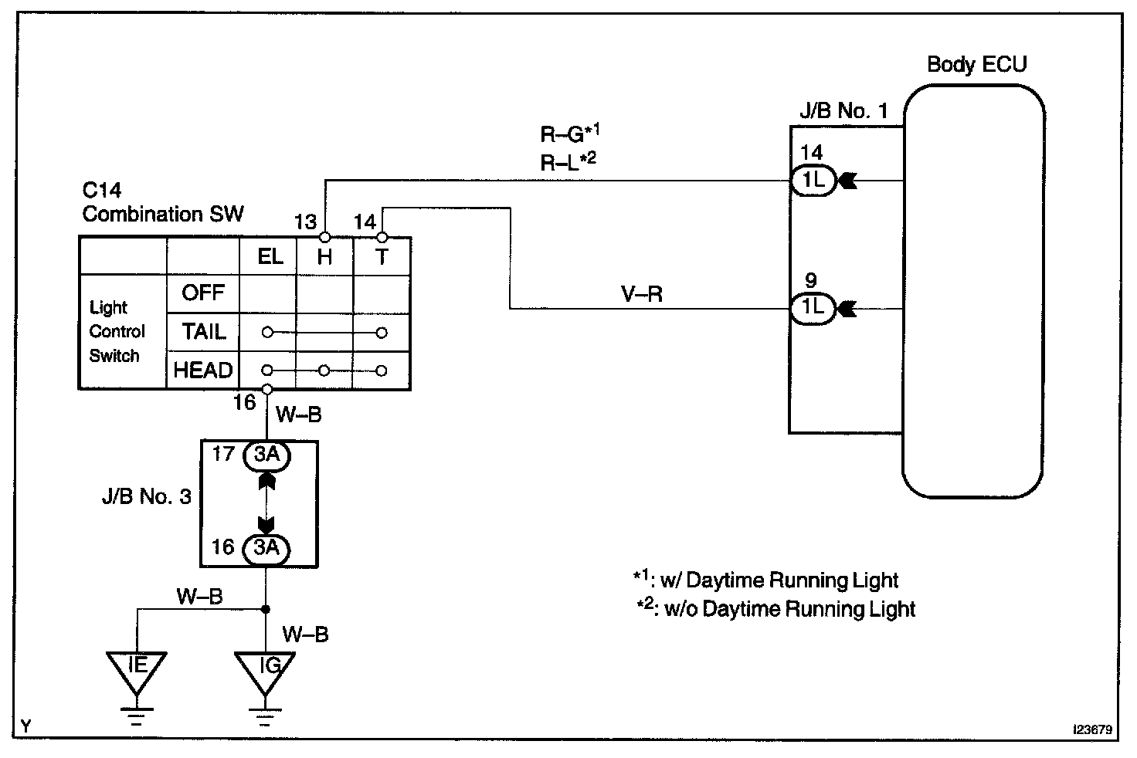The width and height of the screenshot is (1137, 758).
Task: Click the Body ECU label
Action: click(x=976, y=64)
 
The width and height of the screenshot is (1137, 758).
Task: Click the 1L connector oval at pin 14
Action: click(x=813, y=180)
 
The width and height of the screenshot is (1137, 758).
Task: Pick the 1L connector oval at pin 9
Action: click(x=813, y=308)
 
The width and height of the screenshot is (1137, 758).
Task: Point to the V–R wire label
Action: click(x=642, y=294)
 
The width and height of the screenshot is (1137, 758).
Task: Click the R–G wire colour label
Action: click(x=569, y=133)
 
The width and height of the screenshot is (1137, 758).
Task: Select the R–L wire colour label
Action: click(x=568, y=162)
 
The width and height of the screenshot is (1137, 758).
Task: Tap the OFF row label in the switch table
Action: click(x=203, y=293)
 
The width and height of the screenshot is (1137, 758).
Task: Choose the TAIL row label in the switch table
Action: click(x=204, y=332)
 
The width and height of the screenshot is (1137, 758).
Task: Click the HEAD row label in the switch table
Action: click(x=203, y=371)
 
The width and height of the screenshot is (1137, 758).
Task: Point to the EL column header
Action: click(x=270, y=257)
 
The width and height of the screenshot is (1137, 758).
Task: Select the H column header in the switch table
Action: click(x=324, y=257)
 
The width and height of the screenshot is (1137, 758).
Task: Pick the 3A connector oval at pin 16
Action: click(x=266, y=549)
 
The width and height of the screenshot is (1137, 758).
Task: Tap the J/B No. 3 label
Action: click(x=147, y=496)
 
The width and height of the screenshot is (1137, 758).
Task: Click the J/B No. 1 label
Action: click(x=843, y=110)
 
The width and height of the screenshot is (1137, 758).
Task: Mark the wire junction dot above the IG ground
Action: click(x=265, y=609)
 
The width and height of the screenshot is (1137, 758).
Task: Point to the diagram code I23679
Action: click(x=1092, y=729)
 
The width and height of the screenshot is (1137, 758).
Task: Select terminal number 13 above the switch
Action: click(x=305, y=222)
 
